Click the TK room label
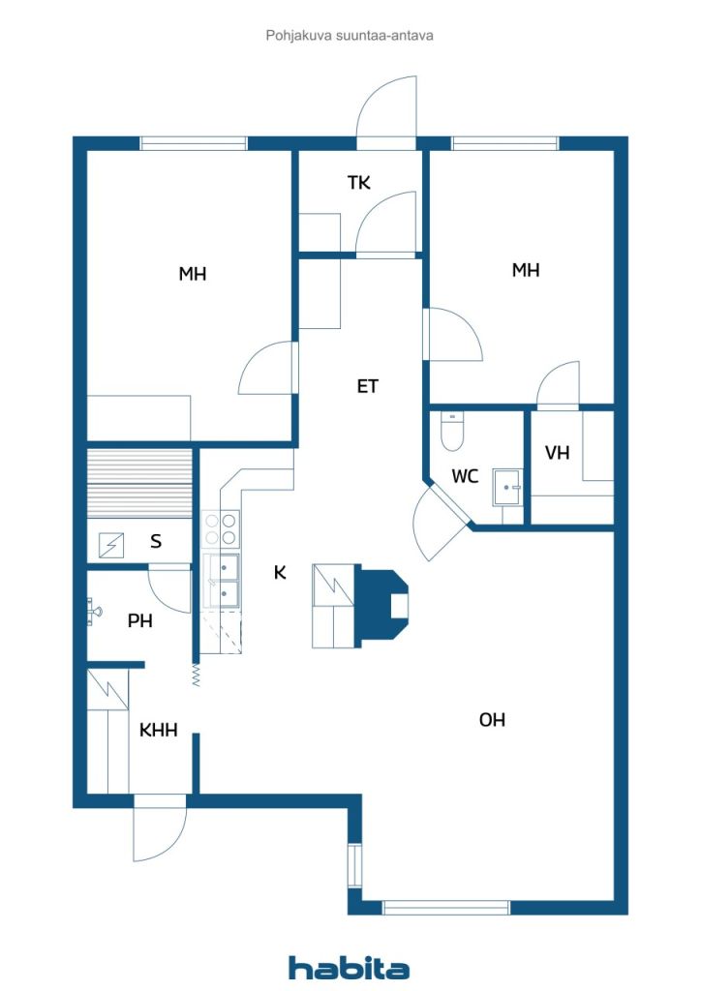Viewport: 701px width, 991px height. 358,183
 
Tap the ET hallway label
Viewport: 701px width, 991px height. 367,386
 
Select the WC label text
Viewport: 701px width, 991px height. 465,476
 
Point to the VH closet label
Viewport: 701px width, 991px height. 557,453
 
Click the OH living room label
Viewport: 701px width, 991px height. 492,719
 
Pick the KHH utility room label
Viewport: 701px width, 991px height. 158,730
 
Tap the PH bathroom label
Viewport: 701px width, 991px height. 139,620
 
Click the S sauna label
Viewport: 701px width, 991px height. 156,541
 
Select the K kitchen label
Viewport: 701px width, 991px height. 280,572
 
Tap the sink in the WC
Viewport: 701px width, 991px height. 507,488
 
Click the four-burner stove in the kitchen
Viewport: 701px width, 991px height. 221,529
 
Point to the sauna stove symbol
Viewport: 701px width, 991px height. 111,545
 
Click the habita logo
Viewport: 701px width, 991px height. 349,967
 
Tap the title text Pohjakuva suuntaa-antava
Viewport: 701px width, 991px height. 350,36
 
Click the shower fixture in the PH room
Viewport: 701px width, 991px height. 94,612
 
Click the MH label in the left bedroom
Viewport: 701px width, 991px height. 192,274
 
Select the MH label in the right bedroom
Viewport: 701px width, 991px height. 526,271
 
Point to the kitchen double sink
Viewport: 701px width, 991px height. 221,581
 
